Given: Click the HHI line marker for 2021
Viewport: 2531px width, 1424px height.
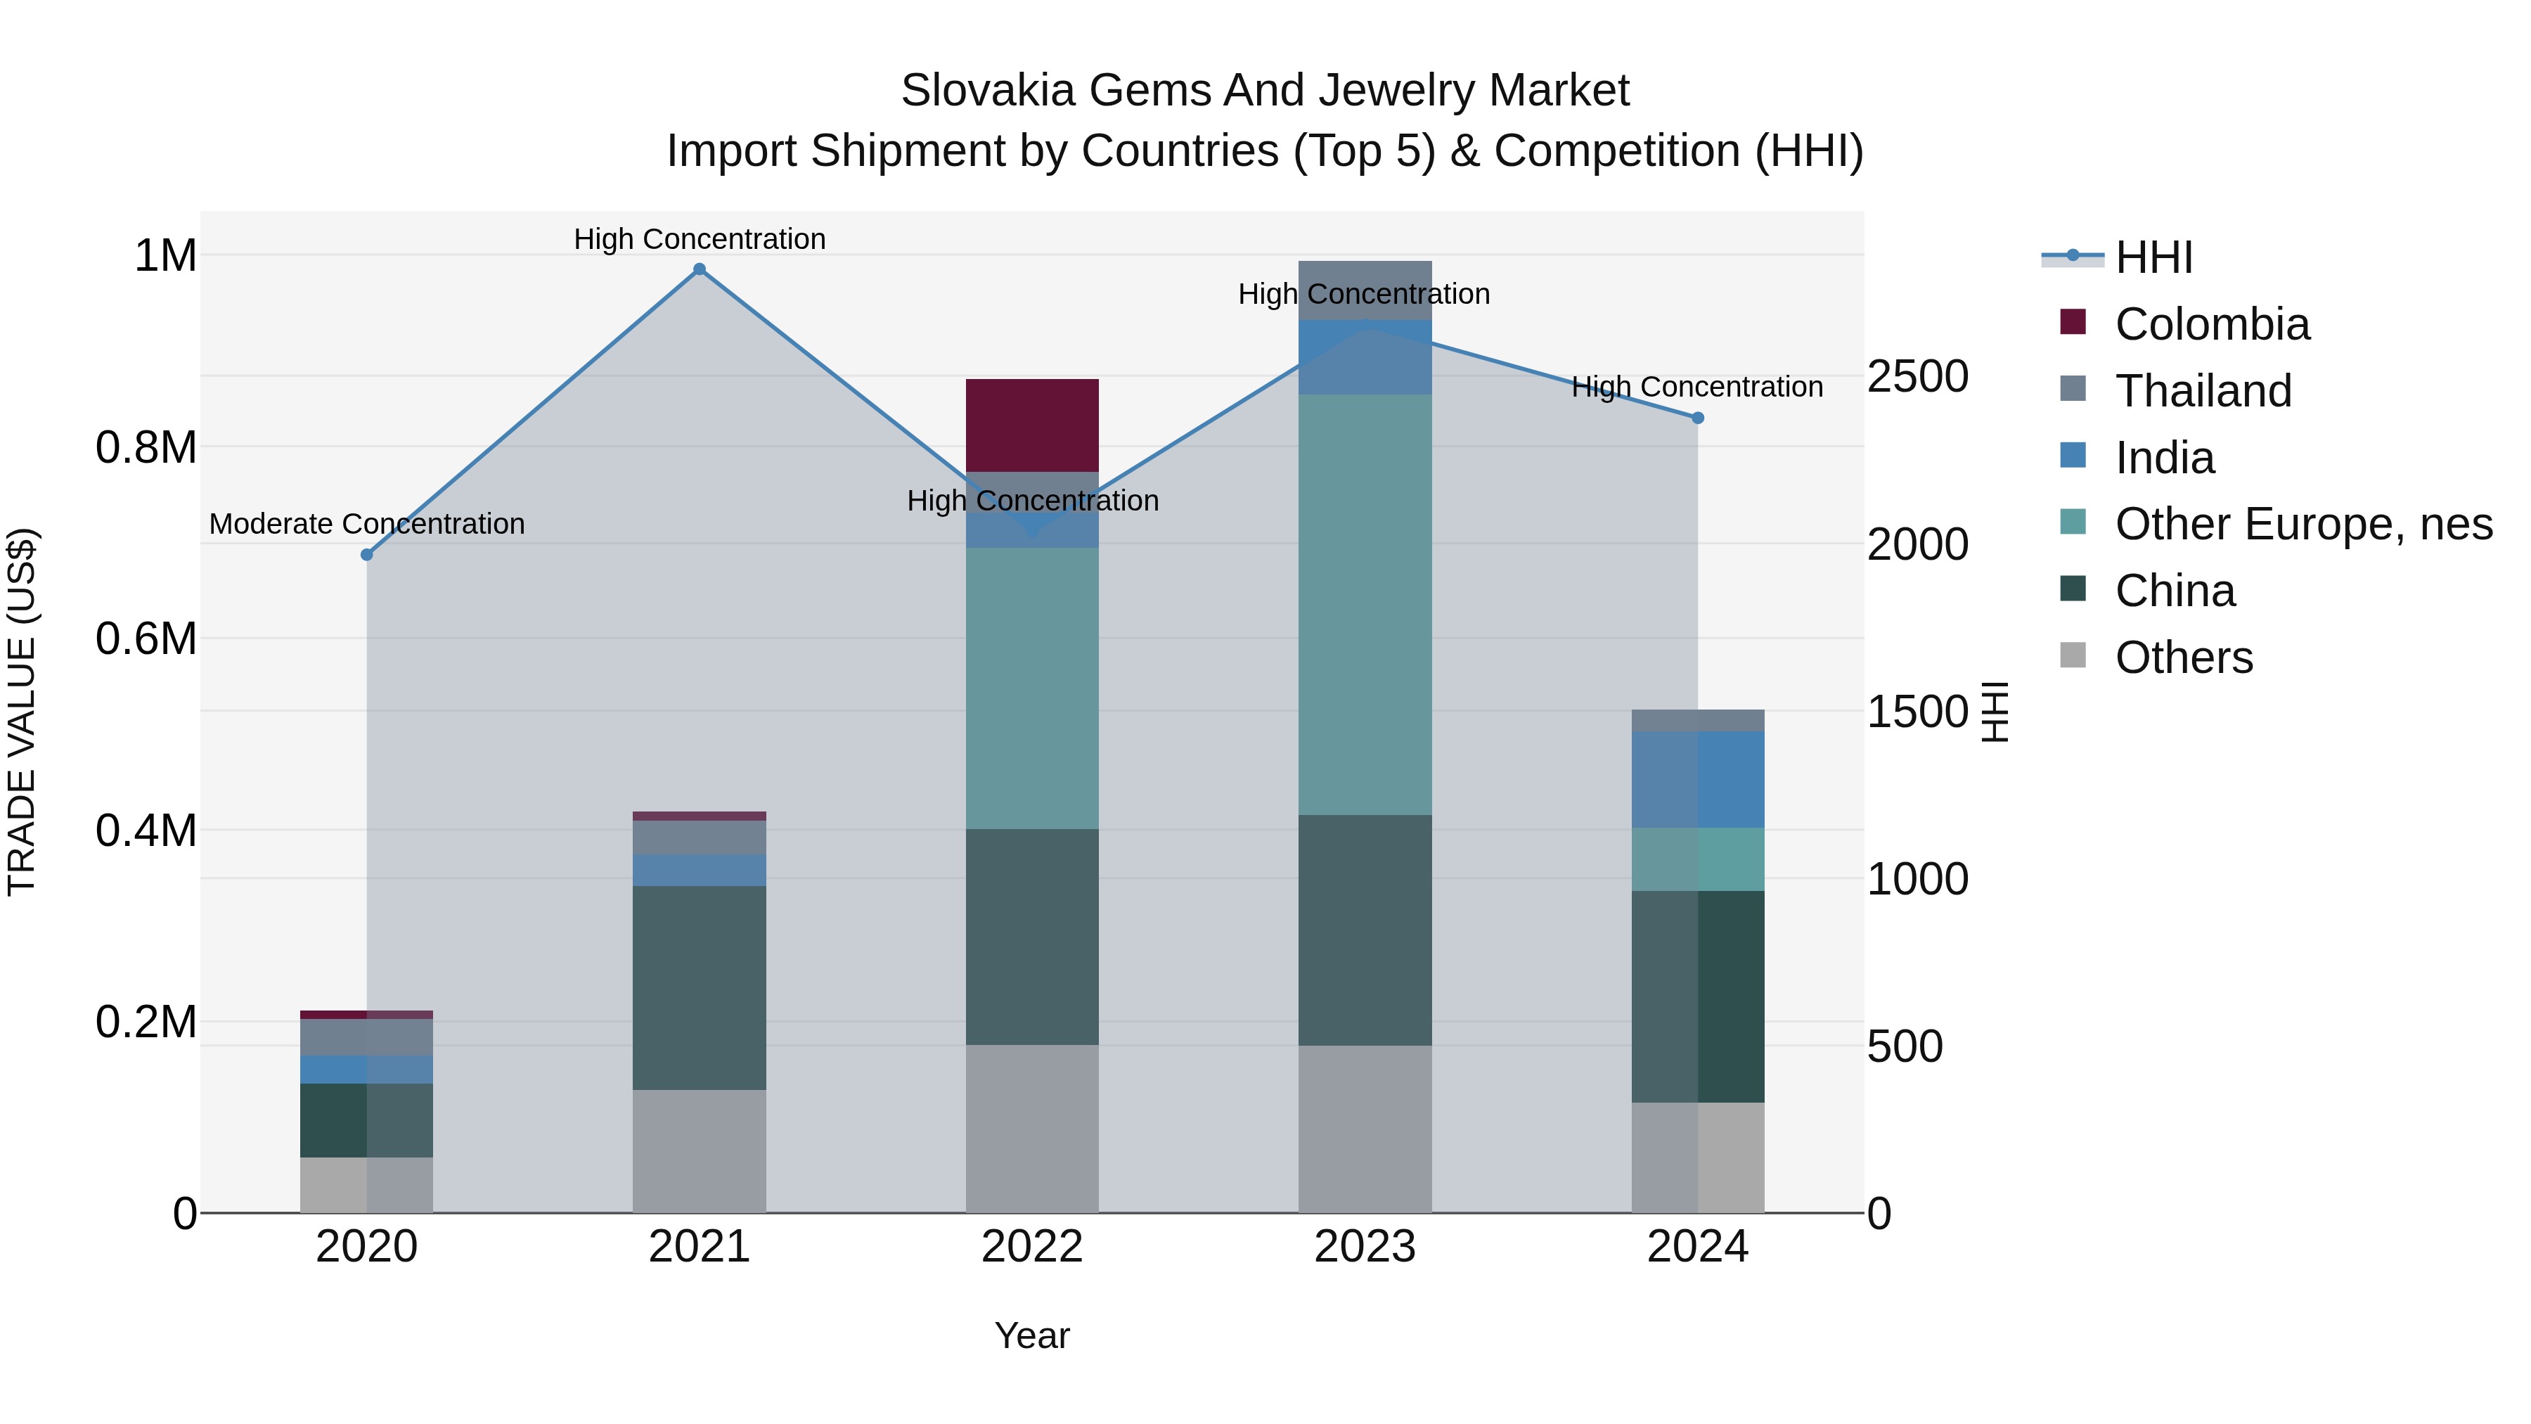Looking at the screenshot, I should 700,269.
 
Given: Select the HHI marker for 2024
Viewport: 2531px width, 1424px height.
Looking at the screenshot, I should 1697,418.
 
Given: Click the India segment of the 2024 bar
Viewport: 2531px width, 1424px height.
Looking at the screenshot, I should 1697,779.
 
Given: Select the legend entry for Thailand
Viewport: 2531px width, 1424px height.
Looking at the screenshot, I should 2202,391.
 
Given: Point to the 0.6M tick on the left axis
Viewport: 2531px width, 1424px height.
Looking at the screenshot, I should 146,639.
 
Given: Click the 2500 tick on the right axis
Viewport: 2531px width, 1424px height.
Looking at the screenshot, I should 1917,376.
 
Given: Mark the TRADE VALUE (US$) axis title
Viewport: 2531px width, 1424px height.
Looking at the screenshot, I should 22,712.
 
